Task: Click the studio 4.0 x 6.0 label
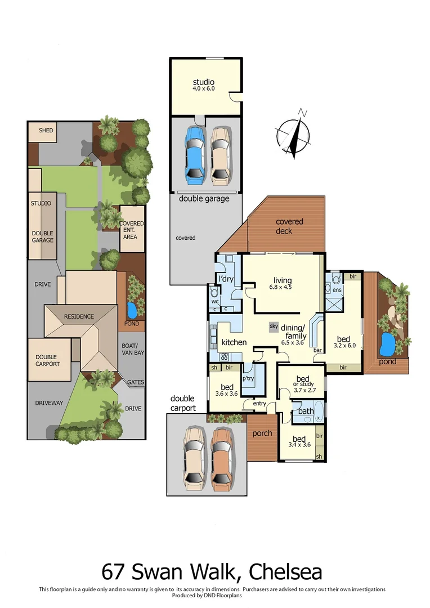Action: (x=203, y=85)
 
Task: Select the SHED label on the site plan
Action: (x=46, y=131)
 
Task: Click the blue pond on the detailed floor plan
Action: (x=388, y=341)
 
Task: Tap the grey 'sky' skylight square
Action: (x=274, y=326)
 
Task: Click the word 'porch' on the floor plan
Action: (x=262, y=433)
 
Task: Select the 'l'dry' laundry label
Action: (x=225, y=279)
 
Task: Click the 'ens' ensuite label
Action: (x=337, y=290)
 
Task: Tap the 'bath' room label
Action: (x=306, y=411)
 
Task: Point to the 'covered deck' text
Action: (x=289, y=226)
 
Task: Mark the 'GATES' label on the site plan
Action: (x=136, y=382)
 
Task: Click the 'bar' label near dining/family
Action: (x=318, y=350)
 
